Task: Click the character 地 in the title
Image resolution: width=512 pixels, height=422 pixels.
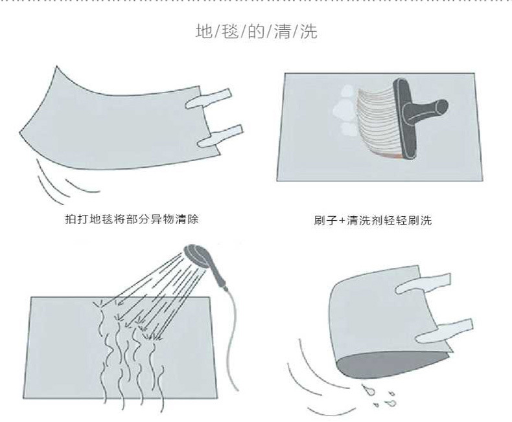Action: pyautogui.click(x=204, y=31)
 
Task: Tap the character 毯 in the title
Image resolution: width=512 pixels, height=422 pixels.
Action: pyautogui.click(x=230, y=31)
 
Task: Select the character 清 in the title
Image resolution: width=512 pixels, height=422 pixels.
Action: pyautogui.click(x=283, y=31)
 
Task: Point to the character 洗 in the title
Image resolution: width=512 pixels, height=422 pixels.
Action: pyautogui.click(x=308, y=31)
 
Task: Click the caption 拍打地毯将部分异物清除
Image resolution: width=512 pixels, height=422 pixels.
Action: pyautogui.click(x=132, y=219)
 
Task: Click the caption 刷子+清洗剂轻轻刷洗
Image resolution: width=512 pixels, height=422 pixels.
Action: pyautogui.click(x=373, y=220)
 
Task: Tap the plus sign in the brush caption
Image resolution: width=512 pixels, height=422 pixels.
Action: pyautogui.click(x=342, y=221)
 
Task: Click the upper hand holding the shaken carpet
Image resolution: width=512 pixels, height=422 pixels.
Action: pyautogui.click(x=209, y=98)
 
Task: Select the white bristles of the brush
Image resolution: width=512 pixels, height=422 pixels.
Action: pyautogui.click(x=378, y=122)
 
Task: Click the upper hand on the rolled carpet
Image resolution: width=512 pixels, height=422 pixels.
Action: pyautogui.click(x=423, y=283)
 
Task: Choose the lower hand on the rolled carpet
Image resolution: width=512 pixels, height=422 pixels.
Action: pyautogui.click(x=444, y=330)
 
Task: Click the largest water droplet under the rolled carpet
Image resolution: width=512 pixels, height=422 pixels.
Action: pyautogui.click(x=368, y=390)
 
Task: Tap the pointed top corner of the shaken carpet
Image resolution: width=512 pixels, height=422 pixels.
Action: pyautogui.click(x=56, y=67)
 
